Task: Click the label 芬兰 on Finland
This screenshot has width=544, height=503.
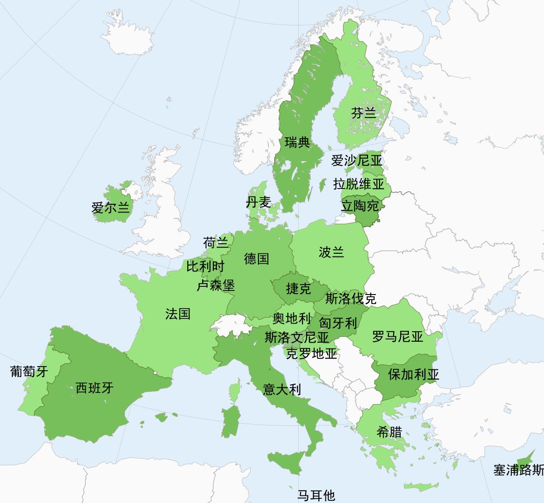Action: [364, 113]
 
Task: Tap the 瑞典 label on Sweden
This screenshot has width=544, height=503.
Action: [297, 143]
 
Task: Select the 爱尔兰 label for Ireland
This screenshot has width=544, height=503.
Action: [111, 208]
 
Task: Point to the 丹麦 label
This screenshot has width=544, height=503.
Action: [258, 202]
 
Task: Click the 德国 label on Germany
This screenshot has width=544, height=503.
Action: [257, 259]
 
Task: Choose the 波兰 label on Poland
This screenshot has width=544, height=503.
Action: [331, 252]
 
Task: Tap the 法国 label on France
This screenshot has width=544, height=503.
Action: [178, 314]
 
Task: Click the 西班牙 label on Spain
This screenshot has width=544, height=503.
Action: [94, 388]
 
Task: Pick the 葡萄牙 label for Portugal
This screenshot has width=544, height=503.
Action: [29, 372]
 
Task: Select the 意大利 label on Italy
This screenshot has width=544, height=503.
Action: [282, 389]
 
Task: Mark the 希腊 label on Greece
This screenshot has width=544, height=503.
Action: [389, 432]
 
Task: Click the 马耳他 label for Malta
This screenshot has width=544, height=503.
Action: [316, 495]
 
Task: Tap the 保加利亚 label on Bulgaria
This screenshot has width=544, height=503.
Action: [413, 374]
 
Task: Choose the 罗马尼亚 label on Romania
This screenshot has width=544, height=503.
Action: [397, 337]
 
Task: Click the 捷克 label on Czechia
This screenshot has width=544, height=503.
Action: [298, 288]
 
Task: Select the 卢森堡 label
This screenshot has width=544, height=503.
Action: [216, 285]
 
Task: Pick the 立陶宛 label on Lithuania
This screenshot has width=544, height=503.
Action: [359, 206]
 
